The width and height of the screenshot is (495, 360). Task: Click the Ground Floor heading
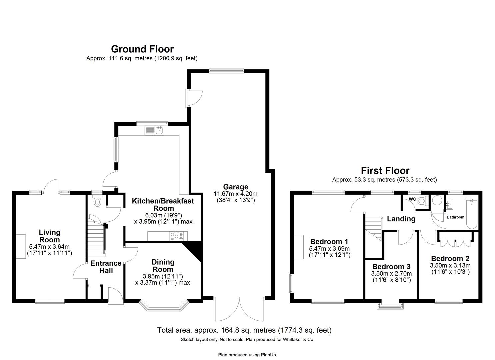pyautogui.click(x=142, y=49)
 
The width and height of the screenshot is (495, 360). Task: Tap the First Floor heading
pyautogui.click(x=385, y=171)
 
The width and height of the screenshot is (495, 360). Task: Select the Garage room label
pyautogui.click(x=235, y=187)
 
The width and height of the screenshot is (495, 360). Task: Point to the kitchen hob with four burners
pyautogui.click(x=177, y=236)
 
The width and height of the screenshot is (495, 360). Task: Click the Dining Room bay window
pyautogui.click(x=164, y=306)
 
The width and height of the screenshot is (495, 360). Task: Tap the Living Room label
pyautogui.click(x=50, y=236)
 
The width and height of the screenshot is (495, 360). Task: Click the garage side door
pyautogui.click(x=194, y=98)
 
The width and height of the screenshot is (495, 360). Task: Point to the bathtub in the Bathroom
pyautogui.click(x=472, y=214)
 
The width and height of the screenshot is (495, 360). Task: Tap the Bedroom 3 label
pyautogui.click(x=391, y=267)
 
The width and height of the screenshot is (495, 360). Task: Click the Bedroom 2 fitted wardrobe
pyautogui.click(x=455, y=239)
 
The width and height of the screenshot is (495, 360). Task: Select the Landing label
pyautogui.click(x=401, y=219)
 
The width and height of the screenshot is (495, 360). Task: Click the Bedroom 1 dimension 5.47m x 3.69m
pyautogui.click(x=329, y=249)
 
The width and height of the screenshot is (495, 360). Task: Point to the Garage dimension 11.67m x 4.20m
pyautogui.click(x=235, y=194)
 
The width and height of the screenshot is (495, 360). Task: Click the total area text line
pyautogui.click(x=244, y=330)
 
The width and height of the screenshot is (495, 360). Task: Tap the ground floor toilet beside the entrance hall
pyautogui.click(x=98, y=201)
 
